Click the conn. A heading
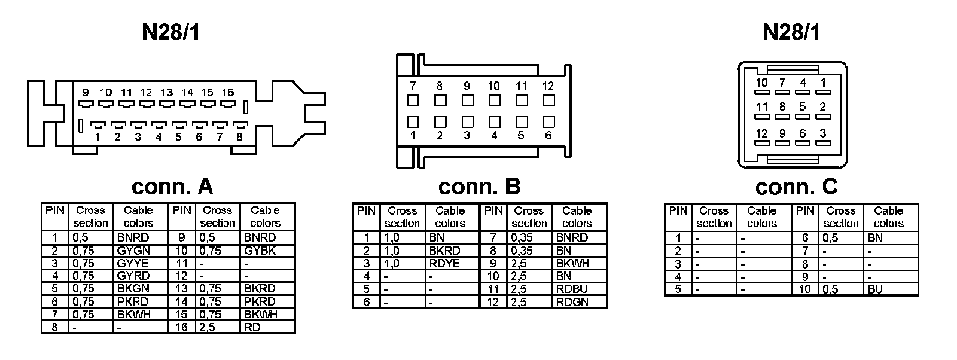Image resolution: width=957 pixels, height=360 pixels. (172, 187)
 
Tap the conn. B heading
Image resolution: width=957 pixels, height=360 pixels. (479, 187)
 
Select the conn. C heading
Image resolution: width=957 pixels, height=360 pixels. (796, 187)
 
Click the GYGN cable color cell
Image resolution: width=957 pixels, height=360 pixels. (134, 251)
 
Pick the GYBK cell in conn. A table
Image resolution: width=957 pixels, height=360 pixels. (260, 251)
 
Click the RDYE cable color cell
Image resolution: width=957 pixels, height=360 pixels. (444, 263)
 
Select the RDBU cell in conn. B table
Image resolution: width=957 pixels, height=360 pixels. (572, 289)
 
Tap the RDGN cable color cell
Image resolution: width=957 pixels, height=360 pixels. (572, 301)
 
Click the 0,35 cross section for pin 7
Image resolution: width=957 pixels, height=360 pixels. (522, 237)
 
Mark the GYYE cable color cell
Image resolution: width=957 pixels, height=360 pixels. (133, 263)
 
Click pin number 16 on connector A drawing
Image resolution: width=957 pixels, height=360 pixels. (227, 93)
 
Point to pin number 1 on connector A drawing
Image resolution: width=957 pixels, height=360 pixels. (97, 137)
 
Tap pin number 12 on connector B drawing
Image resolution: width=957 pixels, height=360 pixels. (548, 86)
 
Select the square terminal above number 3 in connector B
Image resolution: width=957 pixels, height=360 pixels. (467, 122)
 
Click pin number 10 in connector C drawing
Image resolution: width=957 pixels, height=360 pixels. (761, 83)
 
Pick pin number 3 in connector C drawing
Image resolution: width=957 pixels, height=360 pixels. (823, 133)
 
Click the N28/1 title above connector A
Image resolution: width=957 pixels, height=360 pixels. (171, 32)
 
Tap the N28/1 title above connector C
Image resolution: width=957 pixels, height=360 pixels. (791, 32)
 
